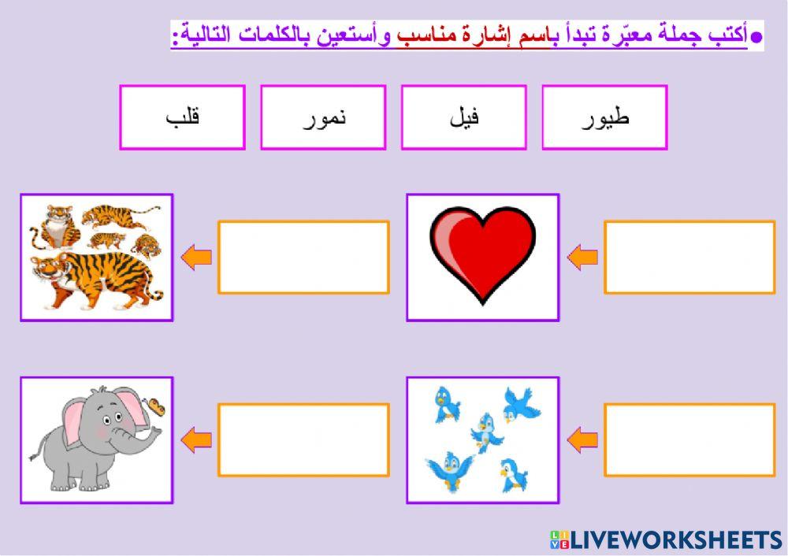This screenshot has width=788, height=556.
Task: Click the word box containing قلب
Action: pyautogui.click(x=182, y=117)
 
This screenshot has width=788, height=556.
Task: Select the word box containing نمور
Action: pyautogui.click(x=323, y=117)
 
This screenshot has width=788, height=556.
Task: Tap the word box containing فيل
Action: pyautogui.click(x=463, y=117)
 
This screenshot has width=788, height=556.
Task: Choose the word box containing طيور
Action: pyautogui.click(x=604, y=117)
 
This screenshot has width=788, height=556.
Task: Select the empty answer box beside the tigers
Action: pyautogui.click(x=303, y=257)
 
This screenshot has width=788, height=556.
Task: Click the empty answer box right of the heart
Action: pyautogui.click(x=689, y=257)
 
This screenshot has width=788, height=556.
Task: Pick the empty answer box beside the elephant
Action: pyautogui.click(x=303, y=439)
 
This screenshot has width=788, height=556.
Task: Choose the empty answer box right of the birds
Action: pyautogui.click(x=689, y=439)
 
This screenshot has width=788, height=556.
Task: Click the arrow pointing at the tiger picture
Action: pyautogui.click(x=196, y=257)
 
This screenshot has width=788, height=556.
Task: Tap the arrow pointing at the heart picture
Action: pyautogui.click(x=582, y=257)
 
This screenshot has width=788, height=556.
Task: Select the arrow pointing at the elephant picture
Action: pyautogui.click(x=196, y=439)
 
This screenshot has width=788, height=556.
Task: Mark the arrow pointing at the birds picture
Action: pyautogui.click(x=582, y=439)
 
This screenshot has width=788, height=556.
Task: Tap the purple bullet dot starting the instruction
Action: pyautogui.click(x=756, y=37)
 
